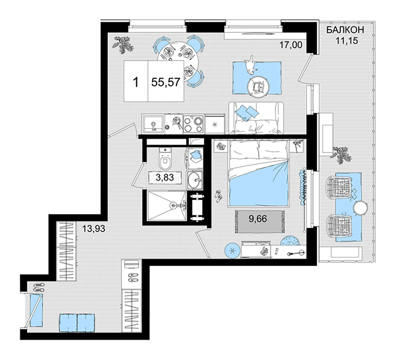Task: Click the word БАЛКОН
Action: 345,30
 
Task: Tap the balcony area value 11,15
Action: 347,40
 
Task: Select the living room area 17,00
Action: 290,45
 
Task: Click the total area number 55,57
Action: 166,82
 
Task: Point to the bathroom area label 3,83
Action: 164,178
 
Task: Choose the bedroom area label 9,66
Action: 257,218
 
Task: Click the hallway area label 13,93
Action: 94,229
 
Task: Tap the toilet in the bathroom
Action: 166,158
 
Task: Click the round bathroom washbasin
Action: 195,180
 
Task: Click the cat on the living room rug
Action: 250,65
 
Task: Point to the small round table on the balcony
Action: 361,208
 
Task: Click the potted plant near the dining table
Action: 123,44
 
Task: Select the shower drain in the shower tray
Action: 173,205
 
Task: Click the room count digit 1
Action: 136,82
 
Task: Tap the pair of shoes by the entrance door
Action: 39,287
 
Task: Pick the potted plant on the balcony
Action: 341,155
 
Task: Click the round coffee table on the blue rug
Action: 258,87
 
